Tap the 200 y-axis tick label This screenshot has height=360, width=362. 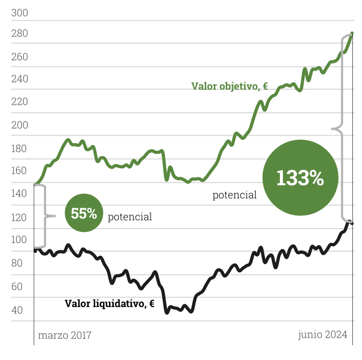19,126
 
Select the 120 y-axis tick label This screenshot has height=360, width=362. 19,217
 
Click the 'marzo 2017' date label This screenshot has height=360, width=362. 65,335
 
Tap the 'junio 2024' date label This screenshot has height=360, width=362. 322,335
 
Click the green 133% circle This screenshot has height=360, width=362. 300,178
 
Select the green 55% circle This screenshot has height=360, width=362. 84,214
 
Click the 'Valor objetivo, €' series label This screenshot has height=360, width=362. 230,86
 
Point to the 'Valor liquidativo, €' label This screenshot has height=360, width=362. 109,303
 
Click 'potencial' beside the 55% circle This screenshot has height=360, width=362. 130,217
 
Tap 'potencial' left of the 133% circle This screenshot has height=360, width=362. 234,195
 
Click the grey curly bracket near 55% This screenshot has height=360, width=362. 47,216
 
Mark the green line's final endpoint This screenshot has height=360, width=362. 352,34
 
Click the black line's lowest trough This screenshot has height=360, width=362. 167,312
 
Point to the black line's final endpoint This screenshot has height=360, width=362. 352,223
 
